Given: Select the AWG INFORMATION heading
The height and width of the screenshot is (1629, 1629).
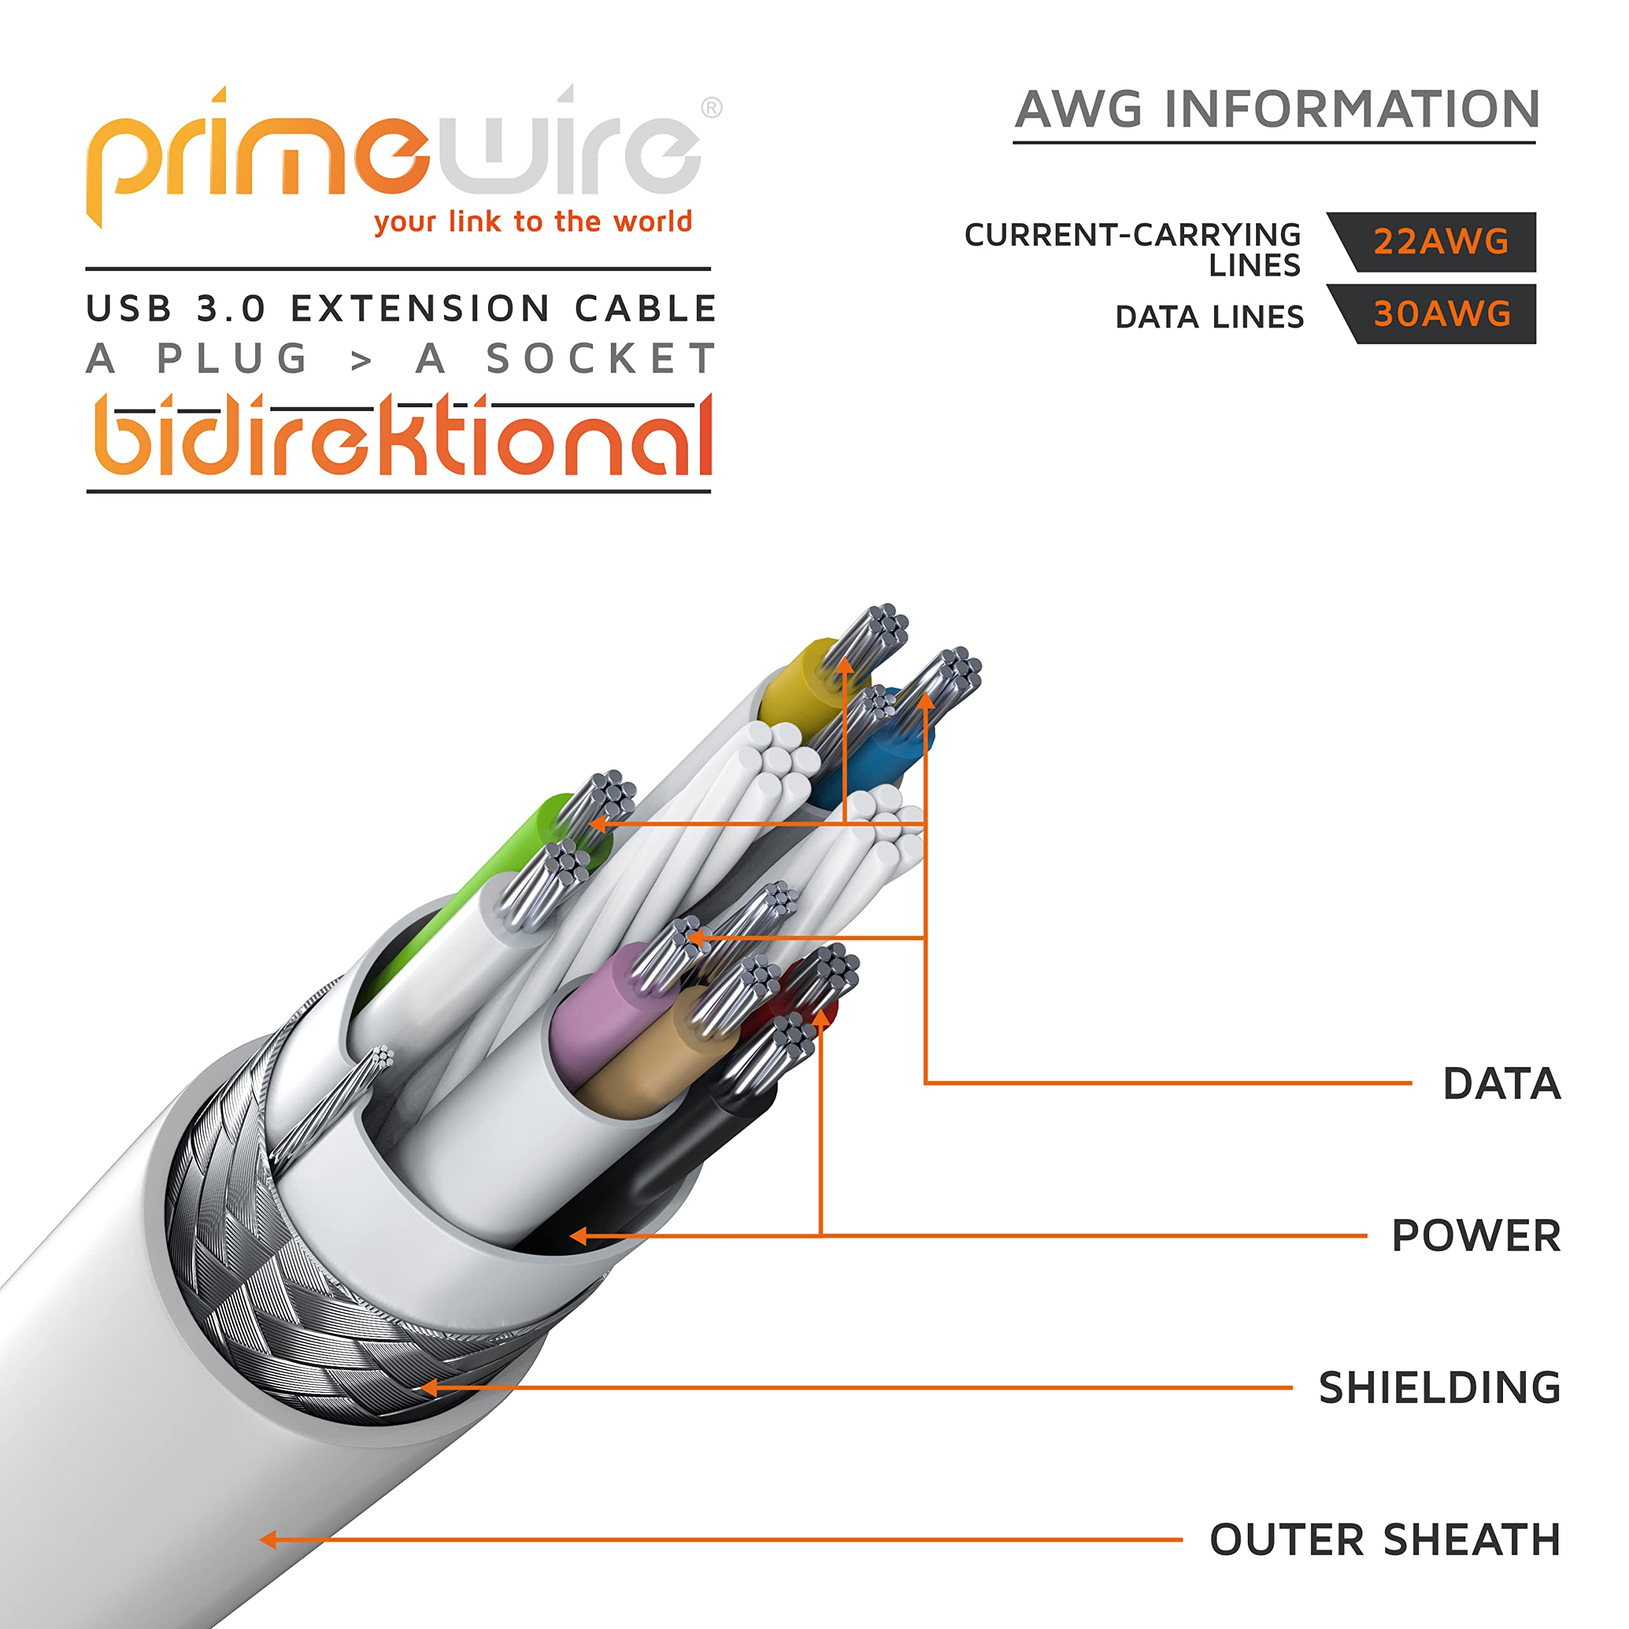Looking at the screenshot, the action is pyautogui.click(x=1277, y=109).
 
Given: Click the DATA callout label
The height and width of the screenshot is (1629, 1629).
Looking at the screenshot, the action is pyautogui.click(x=1502, y=1084).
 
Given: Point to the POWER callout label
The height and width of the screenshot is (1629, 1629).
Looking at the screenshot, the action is pyautogui.click(x=1476, y=1236).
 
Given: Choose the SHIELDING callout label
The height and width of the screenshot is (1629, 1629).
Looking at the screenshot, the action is pyautogui.click(x=1439, y=1388).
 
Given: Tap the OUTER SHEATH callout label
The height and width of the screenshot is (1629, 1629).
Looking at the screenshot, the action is pyautogui.click(x=1385, y=1540).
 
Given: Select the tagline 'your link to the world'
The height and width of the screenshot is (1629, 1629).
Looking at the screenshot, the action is pyautogui.click(x=533, y=221).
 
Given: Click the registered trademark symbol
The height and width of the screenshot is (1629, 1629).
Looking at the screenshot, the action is pyautogui.click(x=711, y=108).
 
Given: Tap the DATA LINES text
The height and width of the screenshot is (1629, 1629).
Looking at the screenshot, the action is pyautogui.click(x=1209, y=317).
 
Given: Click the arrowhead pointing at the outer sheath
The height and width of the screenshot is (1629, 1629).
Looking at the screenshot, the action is pyautogui.click(x=268, y=1540).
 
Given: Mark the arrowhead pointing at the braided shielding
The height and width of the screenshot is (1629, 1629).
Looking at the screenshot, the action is pyautogui.click(x=429, y=1387).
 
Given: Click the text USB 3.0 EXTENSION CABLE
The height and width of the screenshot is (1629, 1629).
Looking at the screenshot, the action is pyautogui.click(x=402, y=309).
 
